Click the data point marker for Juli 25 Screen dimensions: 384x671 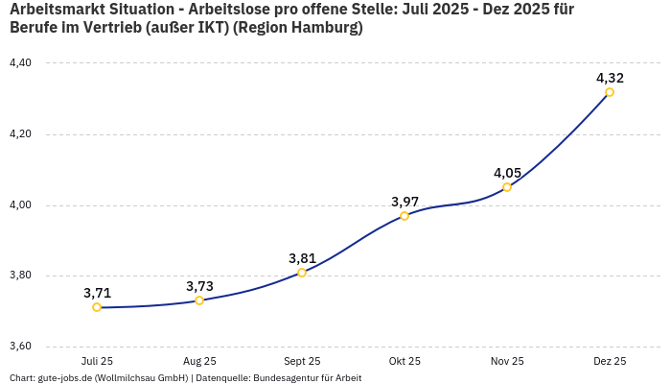coord(97,307)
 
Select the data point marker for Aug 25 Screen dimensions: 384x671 coord(199,300)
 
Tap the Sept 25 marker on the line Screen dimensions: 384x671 coord(302,273)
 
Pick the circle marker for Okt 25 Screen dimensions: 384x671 coord(405,216)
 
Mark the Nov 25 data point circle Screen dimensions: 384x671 coord(507,187)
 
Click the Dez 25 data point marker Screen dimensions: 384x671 coord(610,92)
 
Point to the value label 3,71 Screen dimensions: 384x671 coord(97,293)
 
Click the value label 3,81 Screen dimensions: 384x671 coord(302,258)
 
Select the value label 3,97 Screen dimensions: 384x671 coord(405,202)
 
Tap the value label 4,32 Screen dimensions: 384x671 coord(610,78)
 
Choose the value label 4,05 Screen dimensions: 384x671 coord(507,173)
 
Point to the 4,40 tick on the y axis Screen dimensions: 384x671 coord(20,63)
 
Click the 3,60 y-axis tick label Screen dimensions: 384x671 coord(20,347)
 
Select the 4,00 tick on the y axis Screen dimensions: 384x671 coord(20,205)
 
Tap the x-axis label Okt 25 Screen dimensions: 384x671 coord(405,362)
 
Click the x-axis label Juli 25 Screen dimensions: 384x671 coord(97,362)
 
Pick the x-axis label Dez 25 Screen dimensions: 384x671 coord(610,362)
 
